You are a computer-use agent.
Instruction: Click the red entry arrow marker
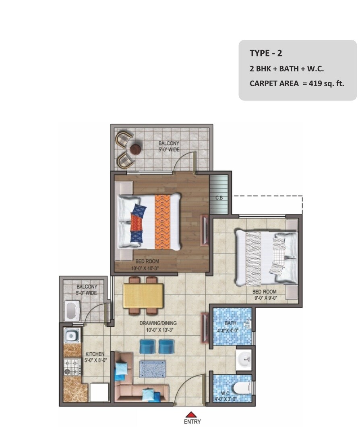[192, 414]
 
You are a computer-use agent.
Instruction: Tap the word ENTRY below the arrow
[192, 422]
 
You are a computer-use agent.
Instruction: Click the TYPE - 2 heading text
[266, 53]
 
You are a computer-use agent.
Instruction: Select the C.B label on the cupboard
[219, 198]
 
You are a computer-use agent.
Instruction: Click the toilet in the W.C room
[240, 388]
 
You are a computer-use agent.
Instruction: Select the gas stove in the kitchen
[72, 366]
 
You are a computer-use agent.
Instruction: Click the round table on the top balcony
[136, 149]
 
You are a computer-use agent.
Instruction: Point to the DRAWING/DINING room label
[158, 323]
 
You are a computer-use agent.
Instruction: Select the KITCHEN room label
[95, 354]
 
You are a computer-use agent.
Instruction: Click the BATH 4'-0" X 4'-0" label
[231, 326]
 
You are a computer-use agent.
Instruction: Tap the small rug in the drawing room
[152, 369]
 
